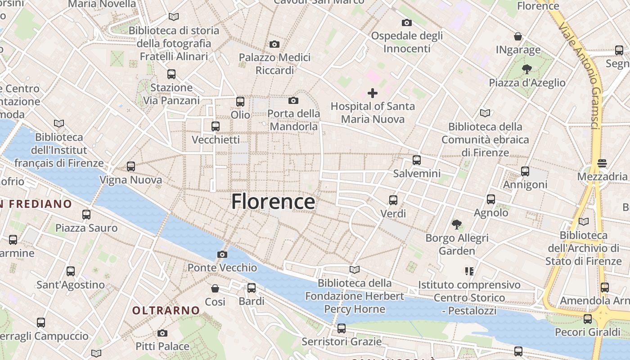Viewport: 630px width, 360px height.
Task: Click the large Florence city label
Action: point(273,202)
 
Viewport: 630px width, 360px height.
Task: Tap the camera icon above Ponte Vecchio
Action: point(222,255)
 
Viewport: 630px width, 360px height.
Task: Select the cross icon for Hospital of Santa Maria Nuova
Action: point(373,93)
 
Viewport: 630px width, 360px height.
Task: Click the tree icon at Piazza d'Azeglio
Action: point(526,69)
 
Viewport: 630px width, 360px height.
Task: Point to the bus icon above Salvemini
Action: point(417,160)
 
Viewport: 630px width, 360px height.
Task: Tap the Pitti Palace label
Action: point(162,346)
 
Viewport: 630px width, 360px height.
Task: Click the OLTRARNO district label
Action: point(166,310)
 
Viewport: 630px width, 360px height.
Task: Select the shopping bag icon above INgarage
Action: point(518,36)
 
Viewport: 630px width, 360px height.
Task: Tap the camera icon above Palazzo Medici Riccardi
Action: point(274,44)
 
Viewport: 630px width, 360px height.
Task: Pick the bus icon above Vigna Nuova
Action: point(131,166)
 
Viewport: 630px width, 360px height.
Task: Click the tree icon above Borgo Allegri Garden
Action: point(457,224)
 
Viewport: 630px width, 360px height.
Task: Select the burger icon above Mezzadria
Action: point(602,163)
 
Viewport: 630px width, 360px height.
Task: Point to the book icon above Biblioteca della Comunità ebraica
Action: point(485,113)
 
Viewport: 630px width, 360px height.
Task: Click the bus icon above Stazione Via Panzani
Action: point(171,74)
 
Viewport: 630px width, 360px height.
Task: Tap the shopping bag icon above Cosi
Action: point(215,288)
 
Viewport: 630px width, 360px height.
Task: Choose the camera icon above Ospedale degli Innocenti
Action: point(407,22)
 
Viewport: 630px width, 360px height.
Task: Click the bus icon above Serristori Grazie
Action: point(342,328)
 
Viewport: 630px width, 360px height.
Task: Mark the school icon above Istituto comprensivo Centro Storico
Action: point(469,271)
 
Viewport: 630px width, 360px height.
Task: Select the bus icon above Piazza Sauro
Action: point(86,215)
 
